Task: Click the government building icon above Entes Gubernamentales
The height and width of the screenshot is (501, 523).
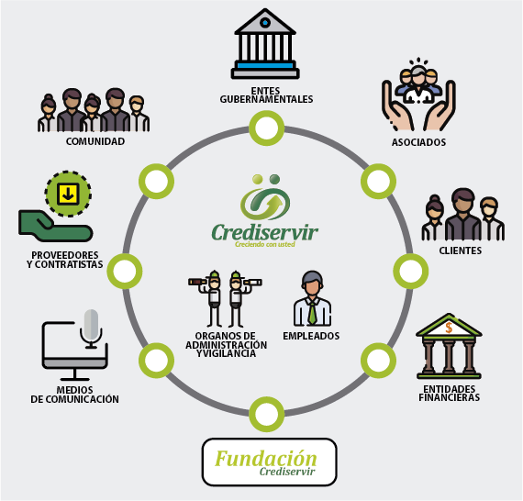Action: pyautogui.click(x=265, y=43)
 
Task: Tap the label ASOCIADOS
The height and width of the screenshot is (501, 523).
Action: pyautogui.click(x=418, y=142)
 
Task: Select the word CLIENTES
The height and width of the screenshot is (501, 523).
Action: pyautogui.click(x=461, y=250)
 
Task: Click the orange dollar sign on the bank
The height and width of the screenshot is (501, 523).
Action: pyautogui.click(x=449, y=328)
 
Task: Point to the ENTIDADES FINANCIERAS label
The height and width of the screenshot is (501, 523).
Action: pyautogui.click(x=450, y=394)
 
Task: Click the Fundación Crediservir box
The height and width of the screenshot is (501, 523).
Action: pyautogui.click(x=270, y=462)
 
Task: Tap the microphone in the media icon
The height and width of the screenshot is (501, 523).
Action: pyautogui.click(x=91, y=328)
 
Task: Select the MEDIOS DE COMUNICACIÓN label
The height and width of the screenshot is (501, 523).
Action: pyautogui.click(x=74, y=395)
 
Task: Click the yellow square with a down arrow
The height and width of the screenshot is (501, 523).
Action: pyautogui.click(x=68, y=194)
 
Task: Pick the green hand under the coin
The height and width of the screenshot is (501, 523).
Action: pyautogui.click(x=55, y=226)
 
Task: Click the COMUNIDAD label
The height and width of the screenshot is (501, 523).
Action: pyautogui.click(x=95, y=141)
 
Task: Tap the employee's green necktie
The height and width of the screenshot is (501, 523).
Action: pyautogui.click(x=312, y=313)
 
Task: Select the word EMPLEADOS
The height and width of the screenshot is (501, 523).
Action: pyautogui.click(x=311, y=336)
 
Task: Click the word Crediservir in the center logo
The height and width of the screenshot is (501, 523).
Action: pyautogui.click(x=264, y=232)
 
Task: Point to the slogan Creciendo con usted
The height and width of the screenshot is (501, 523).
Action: pyautogui.click(x=265, y=244)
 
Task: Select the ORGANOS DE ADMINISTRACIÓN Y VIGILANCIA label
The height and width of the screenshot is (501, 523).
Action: pyautogui.click(x=227, y=345)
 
